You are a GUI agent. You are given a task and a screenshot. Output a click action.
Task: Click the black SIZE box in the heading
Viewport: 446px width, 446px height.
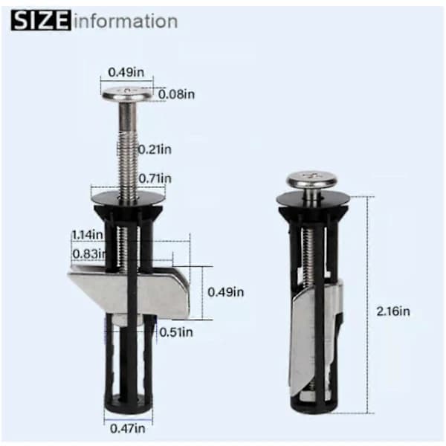pyautogui.click(x=41, y=20)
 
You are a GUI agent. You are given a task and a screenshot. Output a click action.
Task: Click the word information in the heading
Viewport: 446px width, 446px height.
pyautogui.click(x=126, y=21)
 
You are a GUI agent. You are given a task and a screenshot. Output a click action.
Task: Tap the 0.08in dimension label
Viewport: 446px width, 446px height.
pyautogui.click(x=176, y=94)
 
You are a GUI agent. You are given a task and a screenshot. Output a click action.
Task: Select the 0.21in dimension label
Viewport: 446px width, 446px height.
pyautogui.click(x=155, y=149)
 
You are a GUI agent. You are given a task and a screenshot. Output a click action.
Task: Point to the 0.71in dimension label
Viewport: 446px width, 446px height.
pyautogui.click(x=155, y=178)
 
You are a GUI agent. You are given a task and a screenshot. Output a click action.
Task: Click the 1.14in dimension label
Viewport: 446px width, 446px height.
pyautogui.click(x=87, y=235)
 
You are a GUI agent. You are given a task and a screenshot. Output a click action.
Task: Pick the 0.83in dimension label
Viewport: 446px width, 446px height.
pyautogui.click(x=89, y=253)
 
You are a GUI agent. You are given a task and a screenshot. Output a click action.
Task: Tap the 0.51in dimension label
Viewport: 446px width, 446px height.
pyautogui.click(x=176, y=332)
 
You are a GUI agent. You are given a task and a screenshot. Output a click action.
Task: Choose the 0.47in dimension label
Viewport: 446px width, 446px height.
pyautogui.click(x=128, y=428)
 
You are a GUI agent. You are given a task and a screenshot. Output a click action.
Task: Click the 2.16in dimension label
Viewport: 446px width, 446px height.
pyautogui.click(x=393, y=311)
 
